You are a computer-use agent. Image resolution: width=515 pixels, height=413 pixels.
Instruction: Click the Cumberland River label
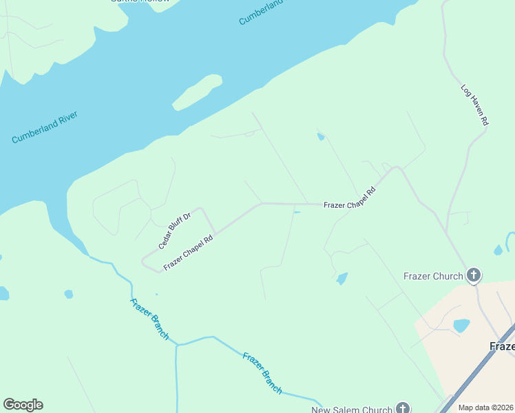coord(45,127)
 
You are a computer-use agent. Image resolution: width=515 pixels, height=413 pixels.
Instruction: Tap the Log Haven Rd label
coord(474,105)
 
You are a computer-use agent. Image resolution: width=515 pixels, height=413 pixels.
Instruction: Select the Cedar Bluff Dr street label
coord(174,231)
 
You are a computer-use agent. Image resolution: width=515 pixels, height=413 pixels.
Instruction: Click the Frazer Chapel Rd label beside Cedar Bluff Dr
coord(188,253)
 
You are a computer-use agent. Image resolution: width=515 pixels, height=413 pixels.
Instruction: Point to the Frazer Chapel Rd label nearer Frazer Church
coord(350,198)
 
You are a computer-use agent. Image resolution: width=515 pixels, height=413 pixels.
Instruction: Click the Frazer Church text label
coord(433,277)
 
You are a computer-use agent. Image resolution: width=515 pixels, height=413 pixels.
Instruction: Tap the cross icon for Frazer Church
coord(473,276)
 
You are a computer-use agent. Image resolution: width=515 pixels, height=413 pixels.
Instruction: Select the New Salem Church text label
coord(351,410)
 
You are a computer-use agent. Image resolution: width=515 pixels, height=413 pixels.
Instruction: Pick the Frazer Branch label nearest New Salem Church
coord(262,373)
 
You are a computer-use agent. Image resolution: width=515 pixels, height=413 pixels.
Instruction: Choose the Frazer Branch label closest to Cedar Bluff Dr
coord(149,319)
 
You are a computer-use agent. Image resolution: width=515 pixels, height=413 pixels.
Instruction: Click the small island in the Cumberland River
coord(198,92)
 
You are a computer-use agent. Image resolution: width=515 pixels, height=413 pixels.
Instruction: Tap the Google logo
coord(23,405)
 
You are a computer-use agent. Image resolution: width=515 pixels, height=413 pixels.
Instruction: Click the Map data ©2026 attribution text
coord(485,407)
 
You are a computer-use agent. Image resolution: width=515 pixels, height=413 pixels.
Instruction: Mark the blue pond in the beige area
coord(461,325)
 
